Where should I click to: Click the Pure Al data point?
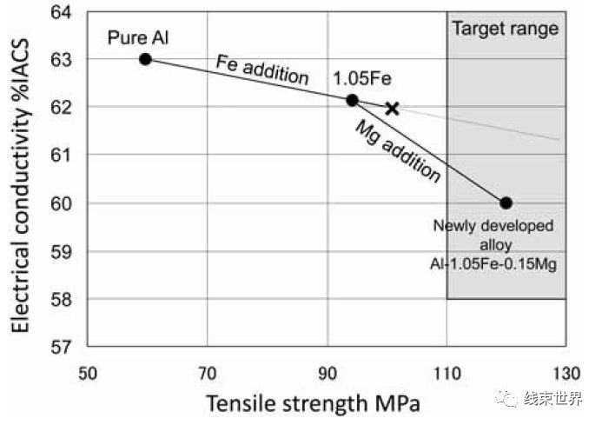(x=145, y=59)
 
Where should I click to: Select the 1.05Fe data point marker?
(x=352, y=100)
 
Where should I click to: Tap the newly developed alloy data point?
(x=506, y=203)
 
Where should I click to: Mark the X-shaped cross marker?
(x=392, y=109)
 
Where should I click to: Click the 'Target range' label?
(x=505, y=29)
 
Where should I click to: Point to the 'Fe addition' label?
(x=262, y=70)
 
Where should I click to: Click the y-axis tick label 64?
(x=60, y=12)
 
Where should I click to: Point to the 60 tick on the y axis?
(x=60, y=203)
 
